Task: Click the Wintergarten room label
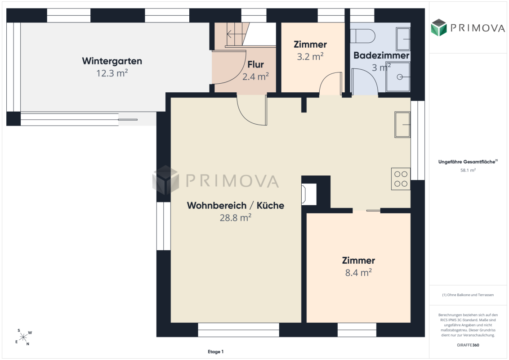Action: coord(112,61)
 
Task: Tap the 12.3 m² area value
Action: coord(112,73)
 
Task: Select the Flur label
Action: coord(255,64)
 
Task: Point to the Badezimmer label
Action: coord(381,55)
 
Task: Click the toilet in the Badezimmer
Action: coord(363,36)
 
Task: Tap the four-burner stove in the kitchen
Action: coord(401,179)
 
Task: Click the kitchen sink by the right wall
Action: coord(402,125)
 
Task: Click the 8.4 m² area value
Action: coord(358,273)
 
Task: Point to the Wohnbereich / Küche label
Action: coord(236,205)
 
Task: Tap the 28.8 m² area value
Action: coord(236,218)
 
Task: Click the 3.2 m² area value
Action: coord(310,57)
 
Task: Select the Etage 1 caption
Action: coord(215,351)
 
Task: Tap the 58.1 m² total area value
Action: coord(468,170)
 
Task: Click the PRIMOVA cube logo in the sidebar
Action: coord(439,27)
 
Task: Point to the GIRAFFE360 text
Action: coord(468,345)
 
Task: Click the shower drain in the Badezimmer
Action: coord(400,77)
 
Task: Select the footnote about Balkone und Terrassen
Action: coord(468,295)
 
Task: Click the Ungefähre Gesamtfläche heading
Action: coord(468,162)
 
